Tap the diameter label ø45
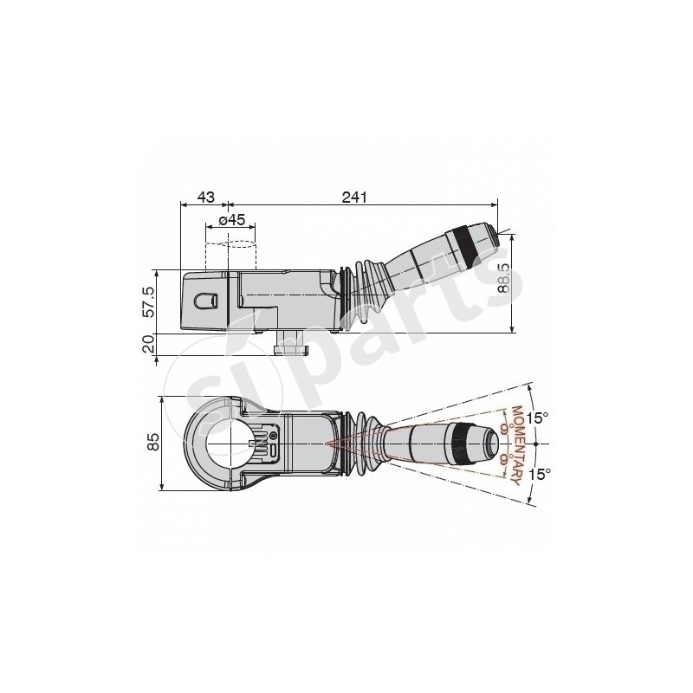pos(230,220)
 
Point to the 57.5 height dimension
pos(148,301)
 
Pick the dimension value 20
pos(148,344)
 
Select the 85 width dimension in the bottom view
pos(153,443)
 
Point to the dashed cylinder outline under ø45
pos(231,256)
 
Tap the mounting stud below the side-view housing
pos(291,344)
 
